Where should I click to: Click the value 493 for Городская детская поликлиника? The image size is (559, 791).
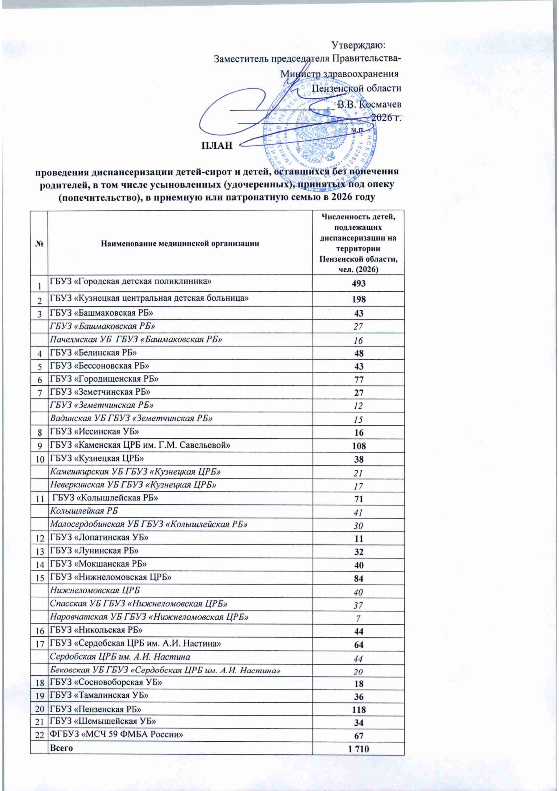(x=358, y=283)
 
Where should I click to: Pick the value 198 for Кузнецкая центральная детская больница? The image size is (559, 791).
(x=358, y=299)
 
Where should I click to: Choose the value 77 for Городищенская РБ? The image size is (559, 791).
(x=358, y=380)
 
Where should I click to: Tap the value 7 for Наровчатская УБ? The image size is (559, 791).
(x=358, y=619)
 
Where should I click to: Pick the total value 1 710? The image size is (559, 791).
(x=358, y=749)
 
